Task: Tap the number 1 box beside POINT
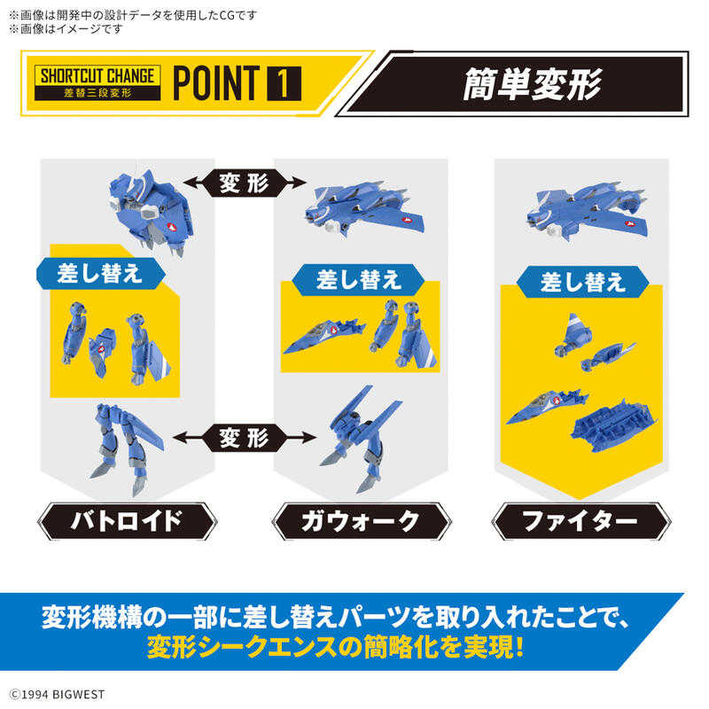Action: [x=283, y=82]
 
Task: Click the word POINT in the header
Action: [x=214, y=82]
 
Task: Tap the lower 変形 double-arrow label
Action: [x=245, y=436]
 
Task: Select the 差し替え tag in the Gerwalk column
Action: [x=358, y=280]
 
